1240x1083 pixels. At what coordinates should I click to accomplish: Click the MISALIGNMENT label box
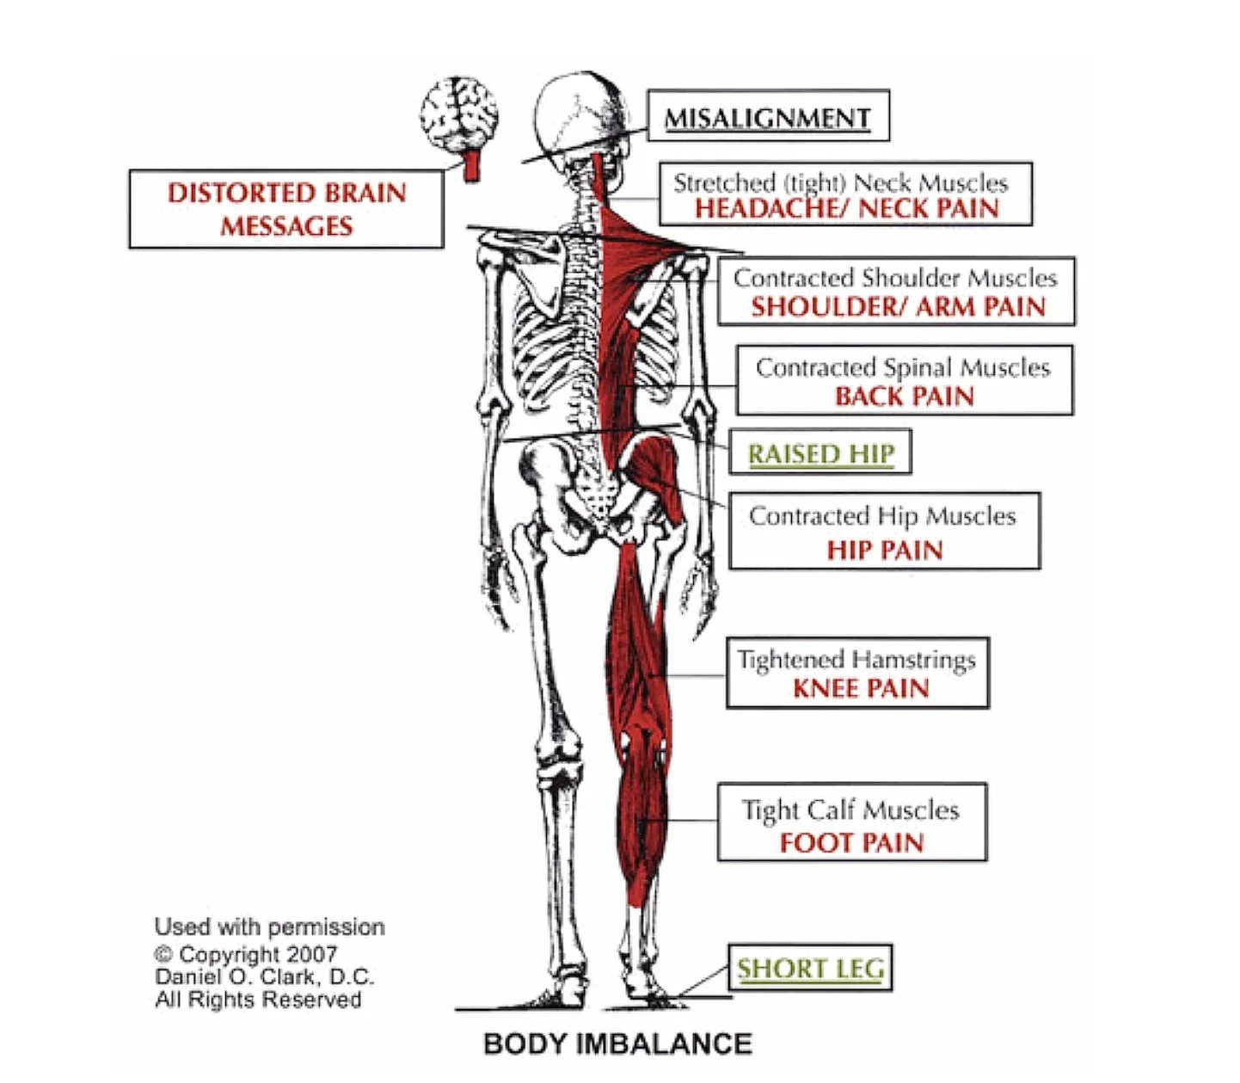pyautogui.click(x=767, y=117)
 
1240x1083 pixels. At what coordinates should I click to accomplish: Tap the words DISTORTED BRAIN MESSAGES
pyautogui.click(x=286, y=209)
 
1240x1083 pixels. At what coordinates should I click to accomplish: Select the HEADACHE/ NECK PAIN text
pyautogui.click(x=846, y=209)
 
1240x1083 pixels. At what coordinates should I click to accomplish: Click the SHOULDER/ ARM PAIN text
pyautogui.click(x=897, y=307)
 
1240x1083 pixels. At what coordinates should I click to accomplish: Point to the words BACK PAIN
pyautogui.click(x=904, y=397)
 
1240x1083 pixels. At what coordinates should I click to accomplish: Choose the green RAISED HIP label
pyautogui.click(x=820, y=454)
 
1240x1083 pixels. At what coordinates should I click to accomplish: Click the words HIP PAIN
pyautogui.click(x=884, y=551)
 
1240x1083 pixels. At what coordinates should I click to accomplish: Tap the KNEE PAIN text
pyautogui.click(x=860, y=689)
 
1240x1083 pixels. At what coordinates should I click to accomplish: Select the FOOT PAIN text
pyautogui.click(x=851, y=843)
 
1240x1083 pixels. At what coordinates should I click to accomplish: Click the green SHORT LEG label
pyautogui.click(x=810, y=969)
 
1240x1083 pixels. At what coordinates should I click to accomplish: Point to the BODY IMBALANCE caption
pyautogui.click(x=617, y=1044)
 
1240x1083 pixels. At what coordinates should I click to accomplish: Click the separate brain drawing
pyautogui.click(x=459, y=114)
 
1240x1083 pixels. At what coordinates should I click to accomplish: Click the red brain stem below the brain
pyautogui.click(x=470, y=165)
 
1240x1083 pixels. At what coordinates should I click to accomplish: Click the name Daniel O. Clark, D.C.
pyautogui.click(x=265, y=977)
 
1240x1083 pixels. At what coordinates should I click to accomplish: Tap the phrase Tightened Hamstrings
pyautogui.click(x=856, y=661)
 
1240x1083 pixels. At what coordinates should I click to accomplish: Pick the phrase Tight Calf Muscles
pyautogui.click(x=850, y=810)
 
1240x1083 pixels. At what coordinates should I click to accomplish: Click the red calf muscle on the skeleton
pyautogui.click(x=643, y=817)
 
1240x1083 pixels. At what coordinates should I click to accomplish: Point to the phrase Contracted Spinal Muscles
pyautogui.click(x=903, y=368)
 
